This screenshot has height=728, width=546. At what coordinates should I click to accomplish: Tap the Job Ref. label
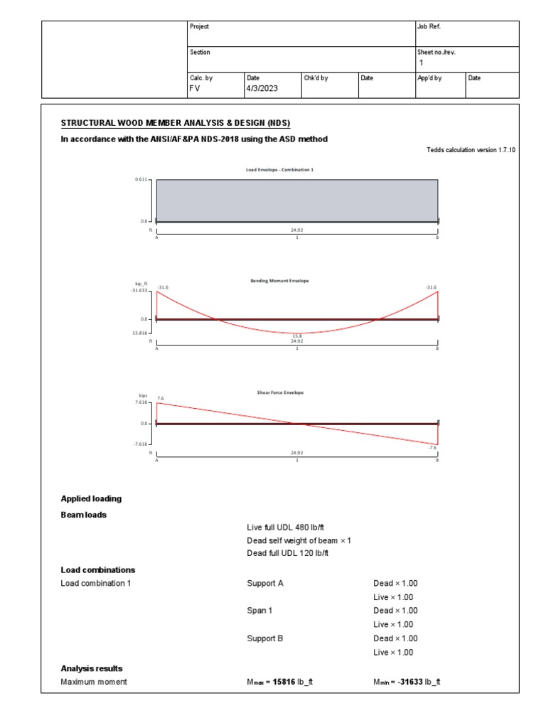pyautogui.click(x=429, y=26)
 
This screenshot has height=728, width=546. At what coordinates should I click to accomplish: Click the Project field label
pyautogui.click(x=200, y=26)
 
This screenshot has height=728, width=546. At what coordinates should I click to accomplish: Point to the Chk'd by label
pyautogui.click(x=316, y=77)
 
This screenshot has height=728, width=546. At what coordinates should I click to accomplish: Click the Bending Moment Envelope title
pyautogui.click(x=279, y=281)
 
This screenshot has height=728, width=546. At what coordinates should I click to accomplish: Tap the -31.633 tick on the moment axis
pyautogui.click(x=139, y=291)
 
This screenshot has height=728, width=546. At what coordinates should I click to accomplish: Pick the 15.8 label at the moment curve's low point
pyautogui.click(x=297, y=336)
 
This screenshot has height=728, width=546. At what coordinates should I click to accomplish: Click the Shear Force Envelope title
pyautogui.click(x=280, y=392)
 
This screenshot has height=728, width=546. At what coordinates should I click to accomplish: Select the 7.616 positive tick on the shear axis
pyautogui.click(x=141, y=402)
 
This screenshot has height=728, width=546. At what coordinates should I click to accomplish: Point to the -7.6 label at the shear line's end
pyautogui.click(x=432, y=448)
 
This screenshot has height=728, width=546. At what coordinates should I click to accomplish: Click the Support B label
pyautogui.click(x=264, y=638)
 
